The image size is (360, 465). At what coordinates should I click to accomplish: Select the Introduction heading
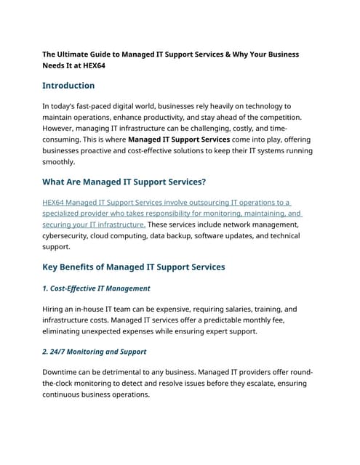pos(68,86)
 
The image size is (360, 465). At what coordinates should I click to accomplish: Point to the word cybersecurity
pos(71,236)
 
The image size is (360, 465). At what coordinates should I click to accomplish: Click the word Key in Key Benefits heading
pos(52,267)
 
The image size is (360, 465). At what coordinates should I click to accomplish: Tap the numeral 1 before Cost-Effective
pos(45,288)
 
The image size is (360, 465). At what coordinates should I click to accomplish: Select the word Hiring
pos(56,309)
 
